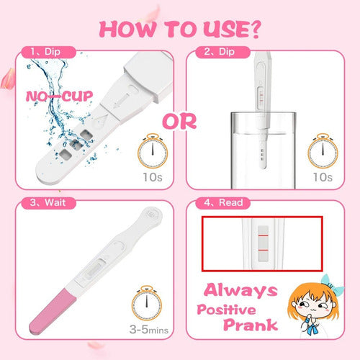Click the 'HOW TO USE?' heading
coord(180,30)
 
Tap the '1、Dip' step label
coord(45,52)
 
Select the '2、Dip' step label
coord(220,52)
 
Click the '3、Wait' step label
coord(48,202)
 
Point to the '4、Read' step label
coord(223,202)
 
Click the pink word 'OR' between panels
coord(179,122)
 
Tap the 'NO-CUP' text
coord(59,96)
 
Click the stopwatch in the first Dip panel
coord(153,151)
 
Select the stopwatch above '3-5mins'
coord(147,303)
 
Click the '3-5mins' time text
coord(149,329)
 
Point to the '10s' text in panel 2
coord(323,177)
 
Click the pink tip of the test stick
coord(52,312)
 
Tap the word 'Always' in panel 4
coord(240,290)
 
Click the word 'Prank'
coord(251,325)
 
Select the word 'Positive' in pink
coord(226,310)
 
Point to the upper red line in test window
coord(263,235)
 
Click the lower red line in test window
coord(263,251)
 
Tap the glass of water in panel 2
coord(264,150)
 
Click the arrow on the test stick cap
coord(122,101)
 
